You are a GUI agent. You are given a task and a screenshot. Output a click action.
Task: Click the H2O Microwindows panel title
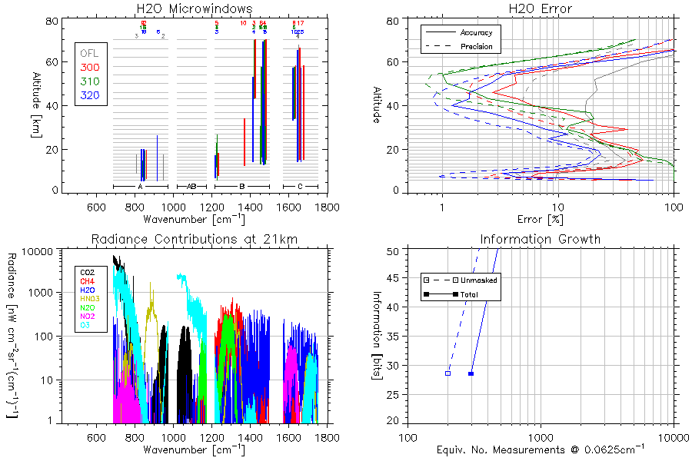tap(194, 8)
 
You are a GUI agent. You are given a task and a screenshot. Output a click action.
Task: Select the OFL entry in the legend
tap(89, 54)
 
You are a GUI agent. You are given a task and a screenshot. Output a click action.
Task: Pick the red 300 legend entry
tap(89, 68)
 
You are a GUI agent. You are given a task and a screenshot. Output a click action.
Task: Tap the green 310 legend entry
tap(89, 81)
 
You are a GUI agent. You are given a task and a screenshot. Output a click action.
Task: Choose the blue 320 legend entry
tap(89, 95)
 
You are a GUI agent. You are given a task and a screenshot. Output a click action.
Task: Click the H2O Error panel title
tap(541, 8)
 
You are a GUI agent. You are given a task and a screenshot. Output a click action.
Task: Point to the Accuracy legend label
tap(476, 33)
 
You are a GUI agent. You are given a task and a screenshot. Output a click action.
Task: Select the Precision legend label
tap(477, 47)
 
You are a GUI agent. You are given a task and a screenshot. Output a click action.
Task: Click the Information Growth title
tap(541, 239)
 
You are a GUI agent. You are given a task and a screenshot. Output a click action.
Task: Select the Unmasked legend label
tap(478, 280)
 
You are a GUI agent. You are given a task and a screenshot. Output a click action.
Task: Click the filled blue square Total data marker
tap(471, 373)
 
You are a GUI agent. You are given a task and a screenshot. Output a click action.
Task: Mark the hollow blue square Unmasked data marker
tap(447, 373)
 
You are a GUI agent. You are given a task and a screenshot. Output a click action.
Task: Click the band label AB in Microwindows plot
tap(192, 187)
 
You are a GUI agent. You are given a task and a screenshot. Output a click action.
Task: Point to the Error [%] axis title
tap(541, 219)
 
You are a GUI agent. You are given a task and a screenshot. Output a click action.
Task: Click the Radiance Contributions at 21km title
tap(194, 239)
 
